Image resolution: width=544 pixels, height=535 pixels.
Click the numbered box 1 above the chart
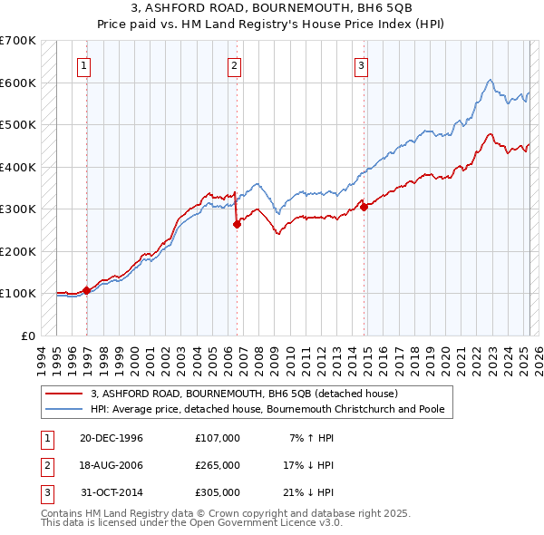pos(83,64)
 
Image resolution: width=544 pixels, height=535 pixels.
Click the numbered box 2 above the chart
pos(234,64)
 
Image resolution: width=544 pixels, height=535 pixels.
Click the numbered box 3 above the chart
pos(361,64)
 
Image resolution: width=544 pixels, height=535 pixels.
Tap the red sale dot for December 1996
pos(87,290)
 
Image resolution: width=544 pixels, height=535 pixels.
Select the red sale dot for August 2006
pos(237,224)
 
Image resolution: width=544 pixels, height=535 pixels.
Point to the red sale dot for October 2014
pos(364,207)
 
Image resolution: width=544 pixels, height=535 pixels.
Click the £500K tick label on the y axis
pos(18,124)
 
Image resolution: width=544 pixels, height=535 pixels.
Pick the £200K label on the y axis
pos(18,251)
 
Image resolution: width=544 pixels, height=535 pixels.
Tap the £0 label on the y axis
pos(27,336)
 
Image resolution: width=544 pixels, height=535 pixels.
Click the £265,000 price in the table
pos(218,465)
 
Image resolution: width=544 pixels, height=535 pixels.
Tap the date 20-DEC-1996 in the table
pos(112,439)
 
